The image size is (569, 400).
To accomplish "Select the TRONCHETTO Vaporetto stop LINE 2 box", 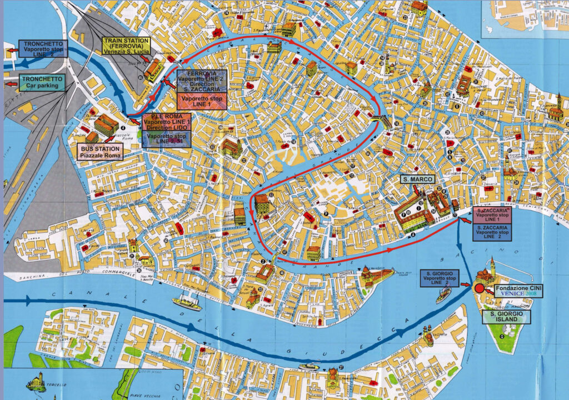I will pyautogui.click(x=43, y=49).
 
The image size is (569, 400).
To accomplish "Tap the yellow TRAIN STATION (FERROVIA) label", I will pyautogui.click(x=126, y=46).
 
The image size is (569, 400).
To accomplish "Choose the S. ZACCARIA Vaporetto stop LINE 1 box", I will pyautogui.click(x=492, y=214).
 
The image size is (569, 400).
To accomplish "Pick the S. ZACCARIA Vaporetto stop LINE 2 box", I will pyautogui.click(x=492, y=232).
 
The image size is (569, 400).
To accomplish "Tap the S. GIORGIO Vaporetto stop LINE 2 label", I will pyautogui.click(x=439, y=278).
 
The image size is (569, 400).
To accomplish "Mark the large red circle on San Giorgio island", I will pyautogui.click(x=479, y=288).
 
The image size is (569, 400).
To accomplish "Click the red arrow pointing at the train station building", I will pyautogui.click(x=146, y=58).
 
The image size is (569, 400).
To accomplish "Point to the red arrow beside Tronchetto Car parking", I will pyautogui.click(x=11, y=84).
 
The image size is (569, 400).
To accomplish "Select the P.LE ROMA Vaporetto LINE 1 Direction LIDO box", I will pyautogui.click(x=166, y=122).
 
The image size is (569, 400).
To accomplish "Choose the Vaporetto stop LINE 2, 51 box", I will pyautogui.click(x=166, y=139).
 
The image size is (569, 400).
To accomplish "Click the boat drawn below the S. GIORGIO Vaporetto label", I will pyautogui.click(x=443, y=296).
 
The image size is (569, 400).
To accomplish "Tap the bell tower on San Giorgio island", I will pyautogui.click(x=492, y=266).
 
